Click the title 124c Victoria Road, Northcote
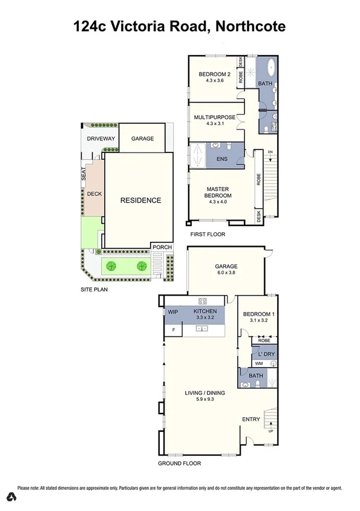click(179, 26)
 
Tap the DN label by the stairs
click(270, 151)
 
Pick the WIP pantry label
click(173, 312)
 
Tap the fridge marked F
click(174, 330)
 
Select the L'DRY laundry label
click(264, 353)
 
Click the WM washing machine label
click(258, 363)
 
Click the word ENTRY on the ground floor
click(250, 419)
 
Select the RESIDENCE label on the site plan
click(140, 200)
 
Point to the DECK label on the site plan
click(94, 194)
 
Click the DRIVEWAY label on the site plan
click(100, 138)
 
